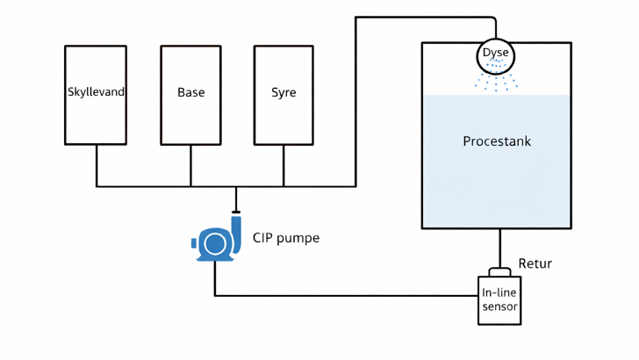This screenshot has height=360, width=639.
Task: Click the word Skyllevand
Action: tap(96, 92)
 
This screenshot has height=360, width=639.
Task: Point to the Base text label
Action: tap(190, 92)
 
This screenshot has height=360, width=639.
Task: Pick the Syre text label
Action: tap(284, 92)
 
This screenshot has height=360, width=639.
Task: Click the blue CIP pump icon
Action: tap(216, 242)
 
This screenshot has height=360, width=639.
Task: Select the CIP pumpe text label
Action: tap(285, 238)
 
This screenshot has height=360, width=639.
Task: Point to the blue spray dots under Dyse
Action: tap(496, 81)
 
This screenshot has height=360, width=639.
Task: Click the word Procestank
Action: tap(497, 141)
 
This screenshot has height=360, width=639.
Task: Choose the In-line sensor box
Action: tap(499, 300)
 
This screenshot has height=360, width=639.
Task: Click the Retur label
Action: tap(535, 263)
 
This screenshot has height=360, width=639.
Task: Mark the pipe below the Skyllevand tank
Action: tap(97, 165)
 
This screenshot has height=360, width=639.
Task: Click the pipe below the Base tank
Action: tap(190, 165)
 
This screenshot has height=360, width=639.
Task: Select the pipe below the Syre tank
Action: tap(284, 165)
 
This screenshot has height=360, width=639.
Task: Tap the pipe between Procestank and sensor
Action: tap(499, 248)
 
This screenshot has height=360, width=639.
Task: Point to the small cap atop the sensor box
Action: tap(499, 272)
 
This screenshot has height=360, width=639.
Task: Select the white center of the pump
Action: tap(214, 243)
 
